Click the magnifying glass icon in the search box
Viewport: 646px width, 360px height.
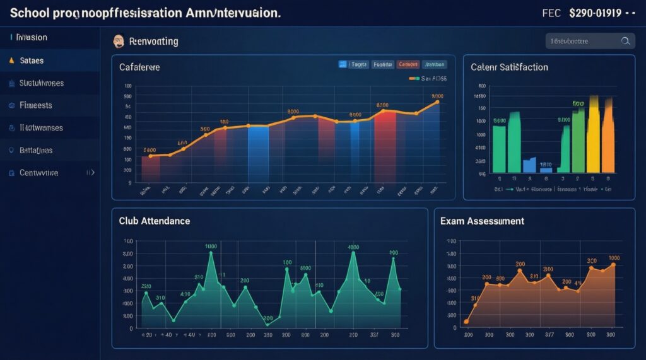click(625, 41)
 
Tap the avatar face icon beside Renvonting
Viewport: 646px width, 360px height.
click(117, 42)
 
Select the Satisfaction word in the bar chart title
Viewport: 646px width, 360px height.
click(524, 67)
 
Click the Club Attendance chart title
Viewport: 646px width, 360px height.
click(154, 221)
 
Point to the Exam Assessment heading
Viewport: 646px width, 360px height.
click(483, 221)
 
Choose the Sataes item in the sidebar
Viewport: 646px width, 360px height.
click(32, 61)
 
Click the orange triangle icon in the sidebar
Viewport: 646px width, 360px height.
click(11, 61)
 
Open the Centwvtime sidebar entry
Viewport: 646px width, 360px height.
click(38, 172)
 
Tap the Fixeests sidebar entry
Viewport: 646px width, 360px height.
click(35, 105)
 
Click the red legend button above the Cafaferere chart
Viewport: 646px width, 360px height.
click(408, 64)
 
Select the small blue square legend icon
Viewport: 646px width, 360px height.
click(343, 64)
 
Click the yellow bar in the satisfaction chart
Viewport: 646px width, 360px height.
click(594, 136)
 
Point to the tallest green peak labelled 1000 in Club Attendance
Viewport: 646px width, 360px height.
click(211, 253)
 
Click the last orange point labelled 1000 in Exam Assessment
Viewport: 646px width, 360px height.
click(613, 265)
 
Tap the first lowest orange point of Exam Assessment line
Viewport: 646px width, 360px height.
click(466, 322)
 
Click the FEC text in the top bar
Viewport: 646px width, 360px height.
click(551, 13)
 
